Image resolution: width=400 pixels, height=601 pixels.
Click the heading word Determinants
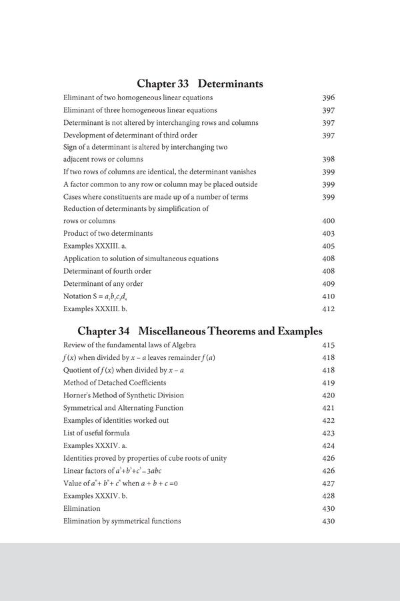pos(230,84)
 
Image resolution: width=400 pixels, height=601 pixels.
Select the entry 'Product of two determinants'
pos(108,234)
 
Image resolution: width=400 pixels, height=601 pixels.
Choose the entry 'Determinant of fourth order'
pos(107,271)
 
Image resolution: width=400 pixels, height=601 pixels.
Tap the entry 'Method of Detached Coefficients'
pos(115,383)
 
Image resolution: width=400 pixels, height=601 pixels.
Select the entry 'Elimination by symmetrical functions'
pos(122,521)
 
